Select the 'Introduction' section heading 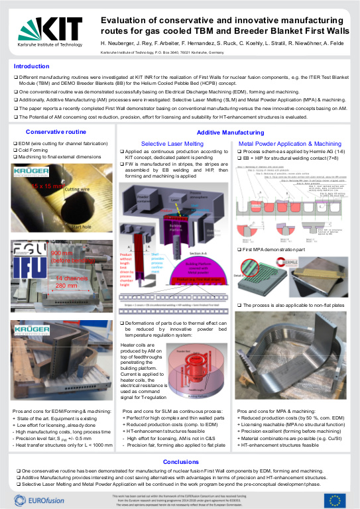[x=32, y=66]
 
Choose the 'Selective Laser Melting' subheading [x=172, y=143]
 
